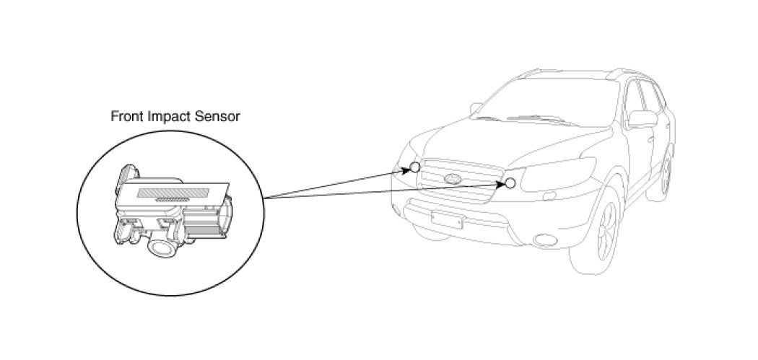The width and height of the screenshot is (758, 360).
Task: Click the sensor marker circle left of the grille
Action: pos(414,167)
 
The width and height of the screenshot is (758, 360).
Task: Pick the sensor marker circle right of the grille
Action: pos(510,183)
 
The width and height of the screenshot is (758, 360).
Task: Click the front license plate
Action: pos(446,219)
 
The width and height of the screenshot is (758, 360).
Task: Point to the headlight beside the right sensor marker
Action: pos(552,175)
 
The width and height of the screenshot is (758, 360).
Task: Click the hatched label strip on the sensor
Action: pos(173,193)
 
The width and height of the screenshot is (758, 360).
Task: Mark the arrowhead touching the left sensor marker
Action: pos(405,171)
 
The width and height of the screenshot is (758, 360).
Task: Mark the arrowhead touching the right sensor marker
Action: pos(500,183)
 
